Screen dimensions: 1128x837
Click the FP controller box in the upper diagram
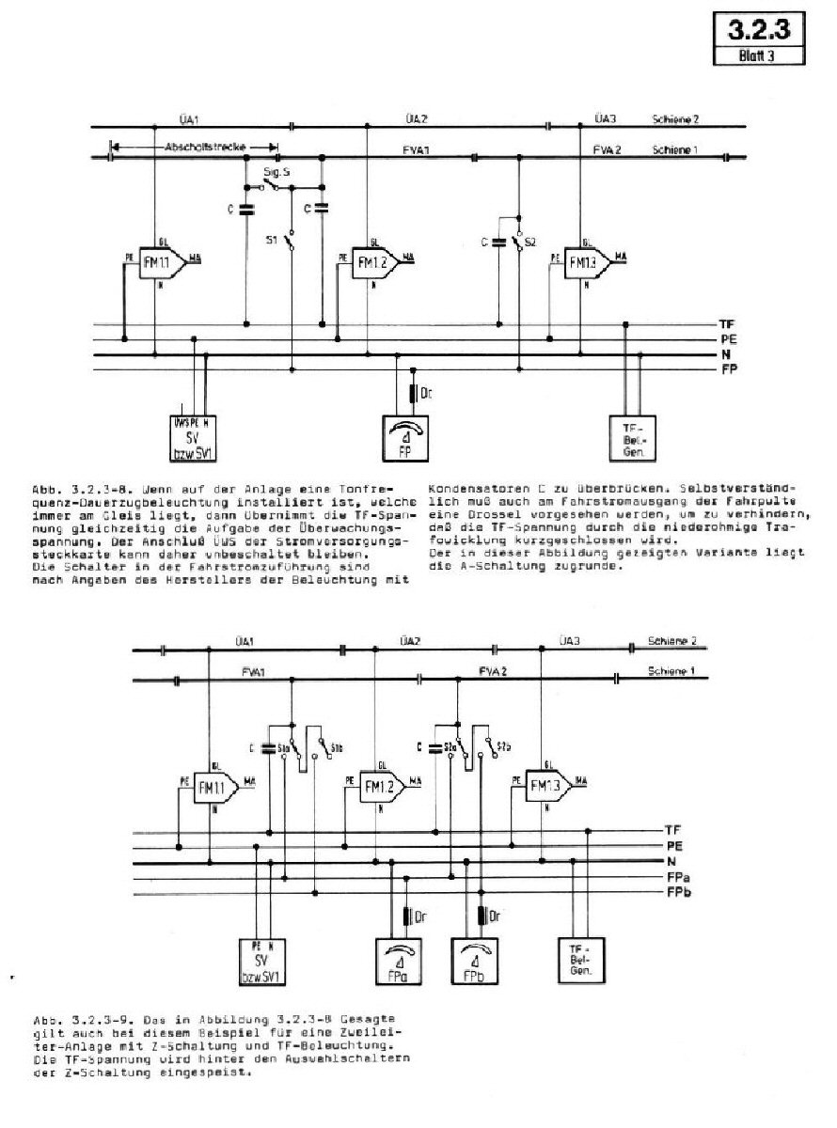coord(405,436)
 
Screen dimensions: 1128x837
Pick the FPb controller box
coord(477,963)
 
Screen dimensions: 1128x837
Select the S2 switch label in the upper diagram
coord(530,243)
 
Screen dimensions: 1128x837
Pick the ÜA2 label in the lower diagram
coord(409,641)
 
